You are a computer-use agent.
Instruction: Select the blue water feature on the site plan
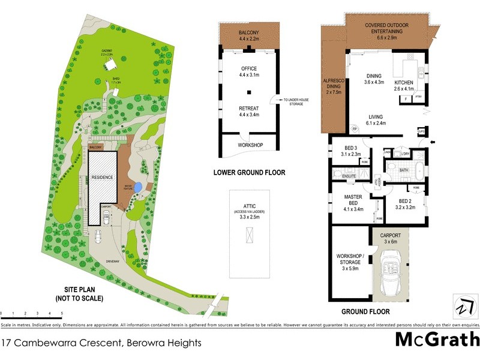coord(138,188)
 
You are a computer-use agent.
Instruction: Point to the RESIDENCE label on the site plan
coord(103,177)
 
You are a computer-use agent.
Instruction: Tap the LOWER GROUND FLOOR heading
coord(249,173)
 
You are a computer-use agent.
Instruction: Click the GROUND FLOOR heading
coord(365,311)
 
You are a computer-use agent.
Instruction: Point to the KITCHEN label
coord(404,86)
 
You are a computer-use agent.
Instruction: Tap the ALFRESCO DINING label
coord(332,88)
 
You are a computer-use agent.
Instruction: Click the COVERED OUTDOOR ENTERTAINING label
coord(387,28)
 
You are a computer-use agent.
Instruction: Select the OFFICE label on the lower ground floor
coord(248,72)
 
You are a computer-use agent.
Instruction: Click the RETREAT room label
coord(248,111)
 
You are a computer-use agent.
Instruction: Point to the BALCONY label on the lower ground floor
coord(248,35)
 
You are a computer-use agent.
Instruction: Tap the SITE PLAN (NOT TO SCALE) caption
coord(79,293)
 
